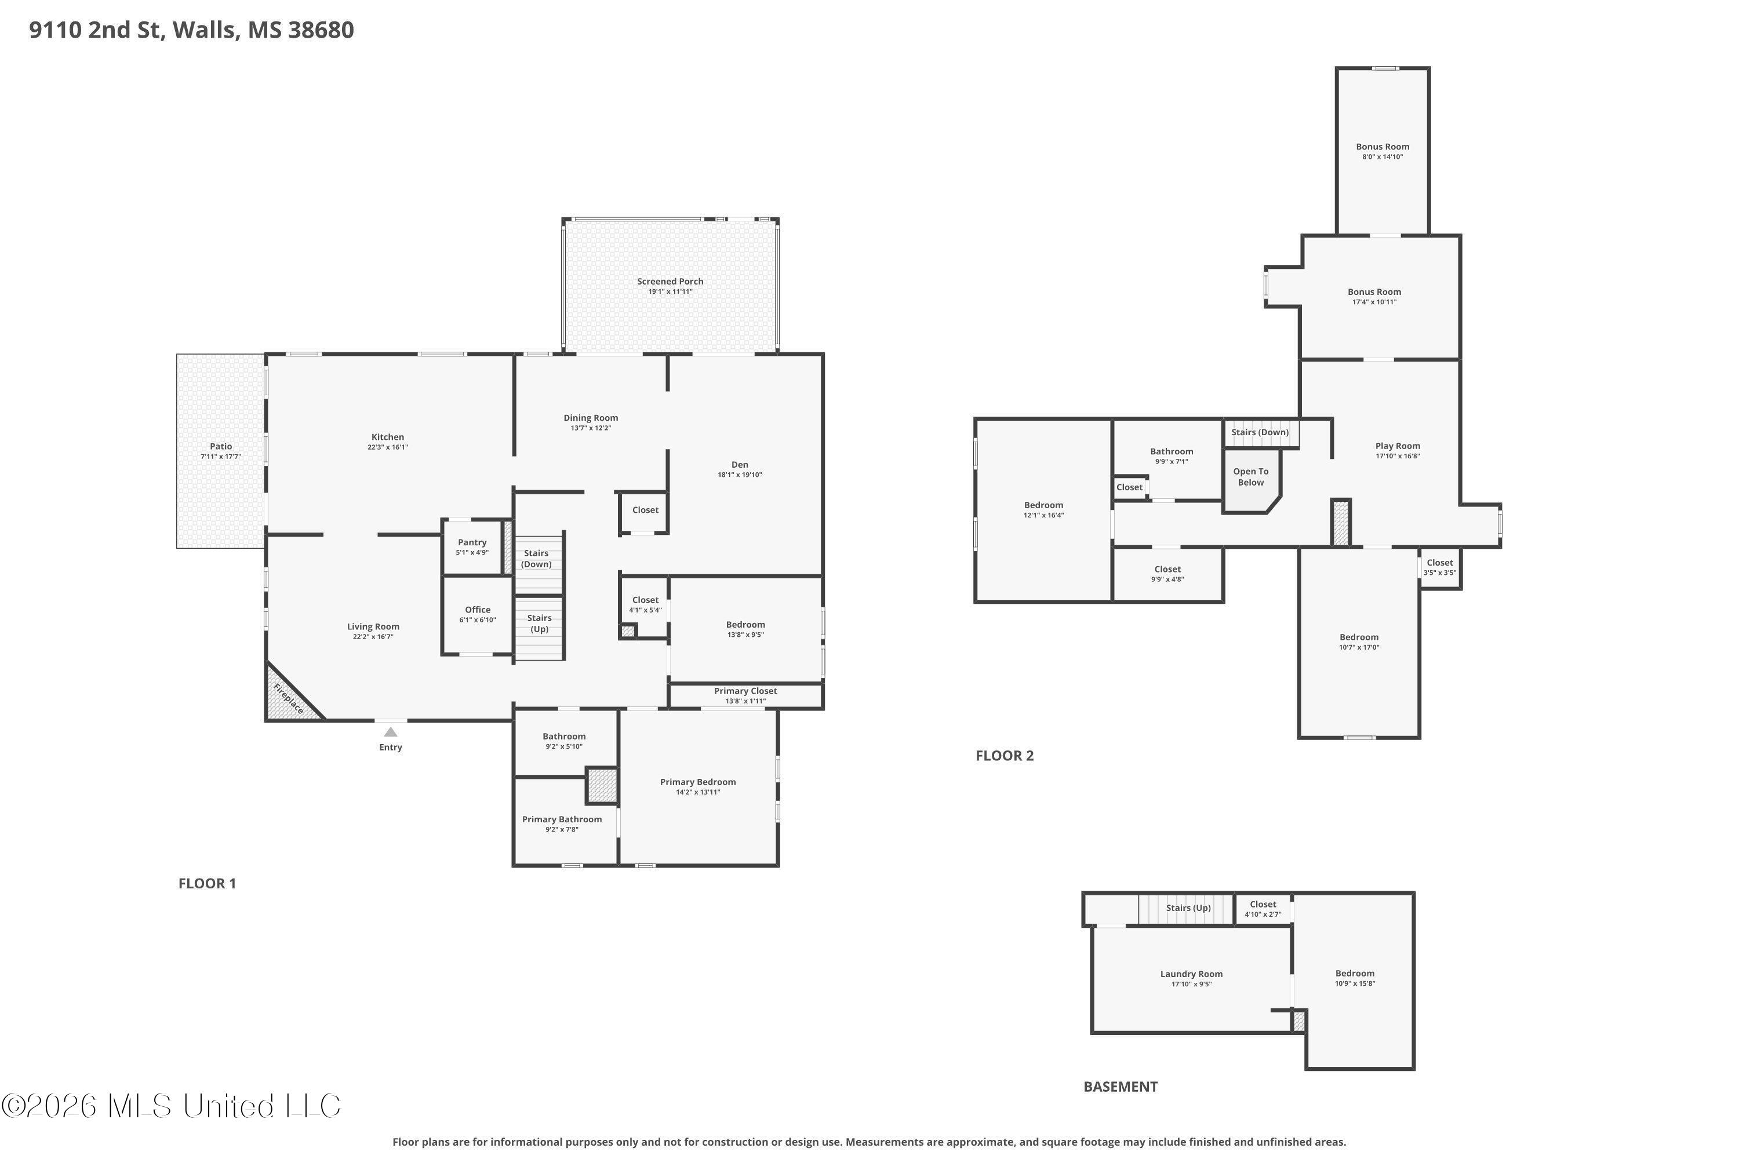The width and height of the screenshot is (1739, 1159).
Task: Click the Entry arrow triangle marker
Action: coord(390,732)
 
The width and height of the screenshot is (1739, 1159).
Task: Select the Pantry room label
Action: coord(472,542)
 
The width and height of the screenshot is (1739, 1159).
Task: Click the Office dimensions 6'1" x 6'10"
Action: coord(478,620)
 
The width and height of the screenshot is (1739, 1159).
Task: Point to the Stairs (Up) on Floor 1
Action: coord(539,623)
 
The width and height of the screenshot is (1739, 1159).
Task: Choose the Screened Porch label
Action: coord(670,282)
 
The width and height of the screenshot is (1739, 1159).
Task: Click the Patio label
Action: coord(220,446)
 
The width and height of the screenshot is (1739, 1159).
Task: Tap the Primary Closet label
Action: coord(745,691)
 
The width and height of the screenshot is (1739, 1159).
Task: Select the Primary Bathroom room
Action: coord(562,820)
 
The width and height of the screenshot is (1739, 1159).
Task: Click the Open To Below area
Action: coord(1250,478)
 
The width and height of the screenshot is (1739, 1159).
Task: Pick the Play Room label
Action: coord(1398,446)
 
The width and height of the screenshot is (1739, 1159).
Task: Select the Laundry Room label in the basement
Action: coord(1191,974)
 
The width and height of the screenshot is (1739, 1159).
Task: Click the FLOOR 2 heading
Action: coord(1004,756)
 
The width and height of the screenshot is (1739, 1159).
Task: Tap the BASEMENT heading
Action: coord(1120,1087)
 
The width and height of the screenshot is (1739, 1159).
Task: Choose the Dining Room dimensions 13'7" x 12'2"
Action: coord(591,429)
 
